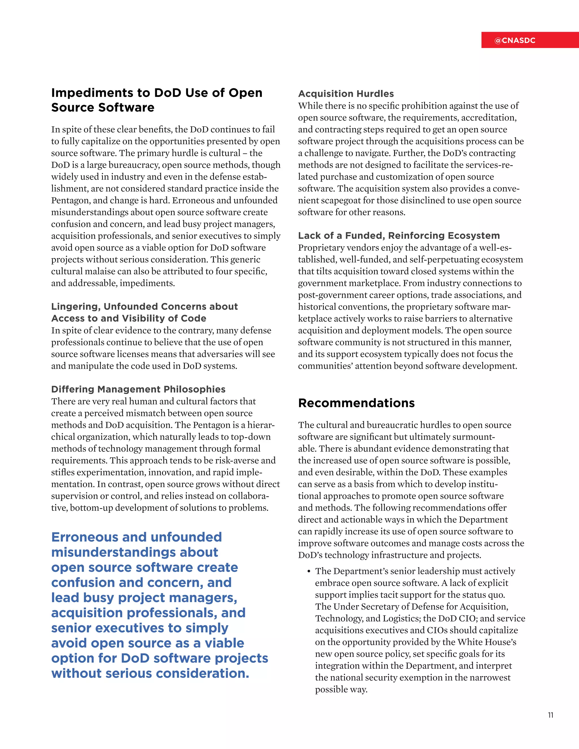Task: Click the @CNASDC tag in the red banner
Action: click(x=515, y=40)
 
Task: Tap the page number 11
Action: click(x=550, y=715)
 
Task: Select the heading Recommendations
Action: click(x=357, y=403)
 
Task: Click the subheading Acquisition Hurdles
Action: click(x=346, y=94)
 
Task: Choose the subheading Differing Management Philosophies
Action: click(x=138, y=389)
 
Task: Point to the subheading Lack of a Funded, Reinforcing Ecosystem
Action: click(x=399, y=236)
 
